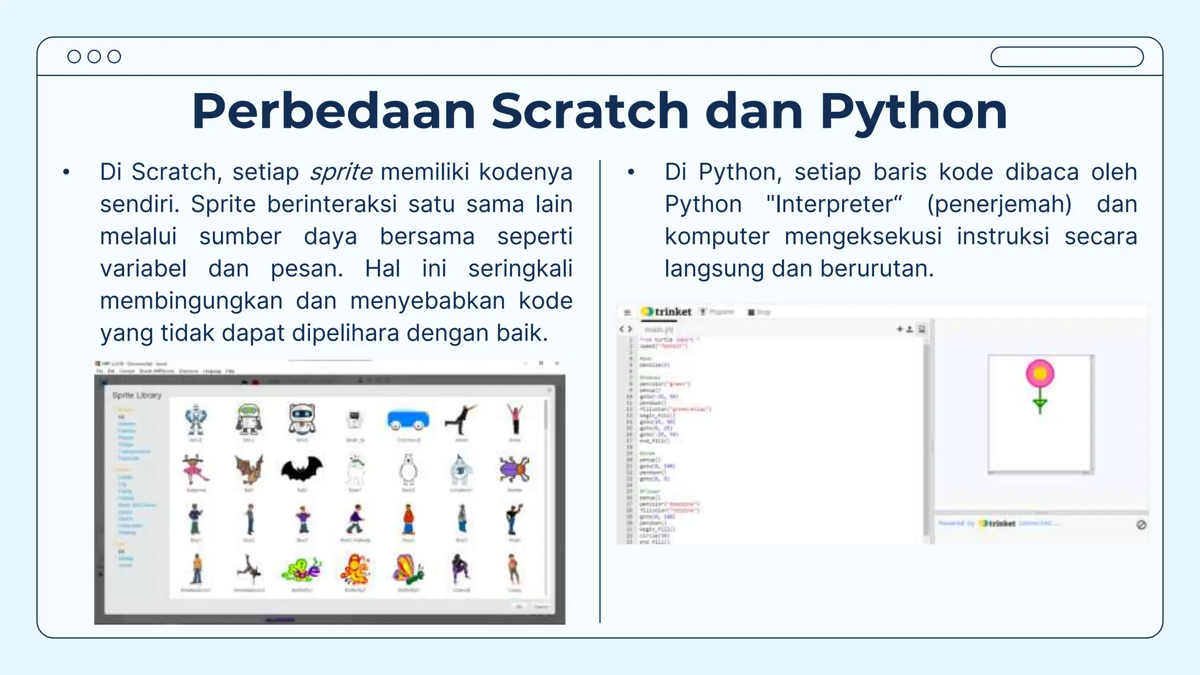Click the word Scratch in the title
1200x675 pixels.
589,111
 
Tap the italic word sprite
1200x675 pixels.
341,172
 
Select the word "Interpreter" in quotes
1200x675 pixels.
834,204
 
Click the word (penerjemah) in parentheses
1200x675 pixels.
999,204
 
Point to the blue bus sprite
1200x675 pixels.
408,420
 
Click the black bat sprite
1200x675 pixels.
302,470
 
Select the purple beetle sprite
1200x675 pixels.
514,469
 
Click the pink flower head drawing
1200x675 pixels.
1040,373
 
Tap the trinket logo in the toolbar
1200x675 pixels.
666,312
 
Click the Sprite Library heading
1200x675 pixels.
137,396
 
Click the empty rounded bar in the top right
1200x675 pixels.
1066,57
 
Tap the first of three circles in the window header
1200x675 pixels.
74,56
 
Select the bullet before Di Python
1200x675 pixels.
631,173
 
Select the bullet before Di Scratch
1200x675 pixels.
66,173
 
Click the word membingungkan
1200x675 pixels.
190,301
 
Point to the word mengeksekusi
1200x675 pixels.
862,237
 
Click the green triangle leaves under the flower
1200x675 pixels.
1040,404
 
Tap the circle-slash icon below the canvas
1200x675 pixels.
1141,524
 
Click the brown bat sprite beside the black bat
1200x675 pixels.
249,470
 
